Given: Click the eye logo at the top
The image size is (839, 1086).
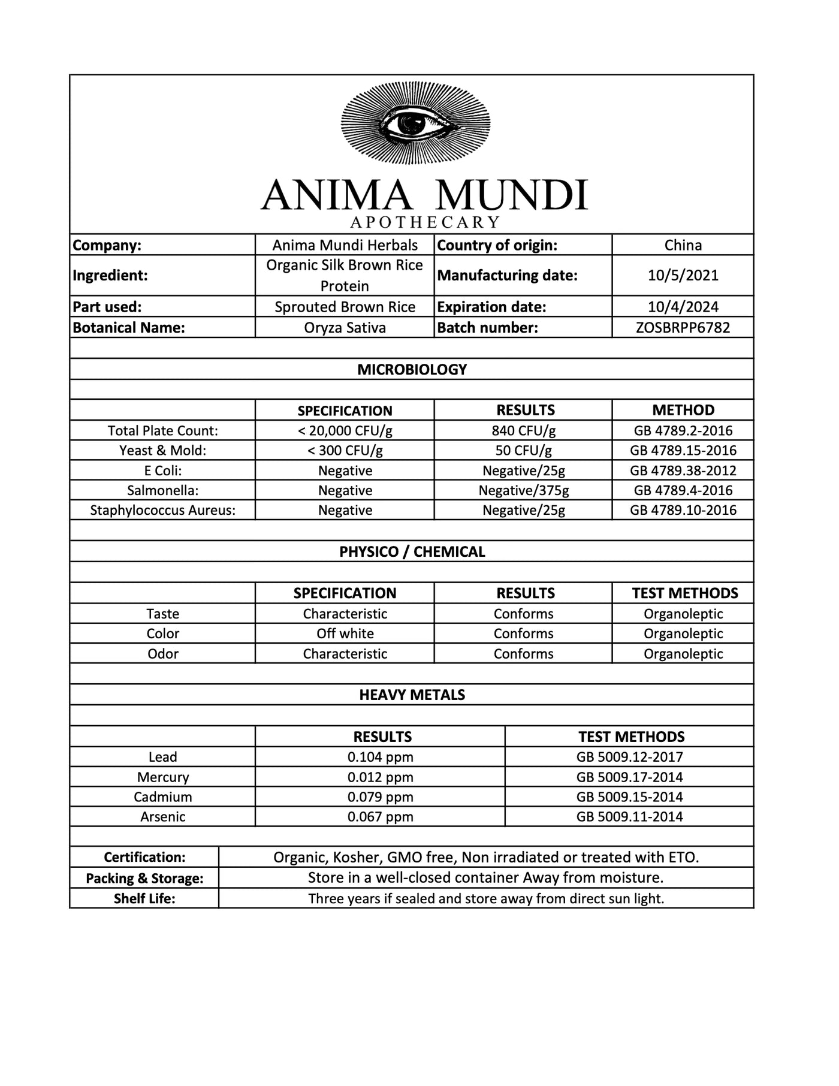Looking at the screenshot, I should click(415, 123).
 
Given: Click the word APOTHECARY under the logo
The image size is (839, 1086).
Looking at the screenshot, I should click(425, 222).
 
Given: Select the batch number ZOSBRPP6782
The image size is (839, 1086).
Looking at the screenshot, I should click(683, 328).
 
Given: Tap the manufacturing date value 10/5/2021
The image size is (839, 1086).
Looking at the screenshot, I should click(683, 276).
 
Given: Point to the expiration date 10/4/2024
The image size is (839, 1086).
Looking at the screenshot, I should click(683, 307).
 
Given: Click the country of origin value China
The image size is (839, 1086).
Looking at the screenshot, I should click(683, 245).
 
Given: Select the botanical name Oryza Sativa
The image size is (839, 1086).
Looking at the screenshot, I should click(345, 328).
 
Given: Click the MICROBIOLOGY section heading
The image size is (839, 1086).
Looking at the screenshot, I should click(412, 369).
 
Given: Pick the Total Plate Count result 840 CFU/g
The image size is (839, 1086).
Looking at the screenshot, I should click(523, 430).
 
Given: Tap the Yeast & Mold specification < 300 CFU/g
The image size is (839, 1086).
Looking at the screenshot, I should click(345, 450).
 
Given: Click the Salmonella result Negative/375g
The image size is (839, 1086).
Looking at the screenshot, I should click(523, 490).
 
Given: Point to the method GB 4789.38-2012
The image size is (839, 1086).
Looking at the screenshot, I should click(683, 470).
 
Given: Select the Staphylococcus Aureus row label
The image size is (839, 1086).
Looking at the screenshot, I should click(162, 510).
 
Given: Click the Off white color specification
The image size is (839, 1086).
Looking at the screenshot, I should click(345, 633).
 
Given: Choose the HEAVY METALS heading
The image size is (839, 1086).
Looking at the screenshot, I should click(412, 695).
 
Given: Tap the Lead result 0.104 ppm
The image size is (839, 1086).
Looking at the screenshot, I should click(380, 757).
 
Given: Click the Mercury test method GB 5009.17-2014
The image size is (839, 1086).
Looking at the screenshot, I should click(629, 777).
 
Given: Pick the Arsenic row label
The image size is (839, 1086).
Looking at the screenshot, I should click(162, 816).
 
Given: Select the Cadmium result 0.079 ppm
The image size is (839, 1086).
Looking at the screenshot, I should click(380, 797).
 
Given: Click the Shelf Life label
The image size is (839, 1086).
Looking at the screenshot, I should click(144, 898).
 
